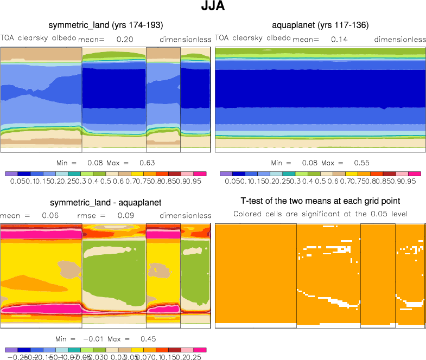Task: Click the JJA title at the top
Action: point(212,8)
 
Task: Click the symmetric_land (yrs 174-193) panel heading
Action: point(106,25)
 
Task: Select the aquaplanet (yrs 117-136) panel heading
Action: point(321,25)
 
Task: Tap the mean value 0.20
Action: point(125,40)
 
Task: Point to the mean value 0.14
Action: point(339,40)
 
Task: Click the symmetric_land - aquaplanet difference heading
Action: point(106,203)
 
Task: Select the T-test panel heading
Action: point(320,201)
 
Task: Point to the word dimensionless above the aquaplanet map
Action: point(400,40)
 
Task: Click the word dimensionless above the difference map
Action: point(186,216)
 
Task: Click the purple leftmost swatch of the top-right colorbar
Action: point(226,173)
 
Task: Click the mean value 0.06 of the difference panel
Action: point(40,216)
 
